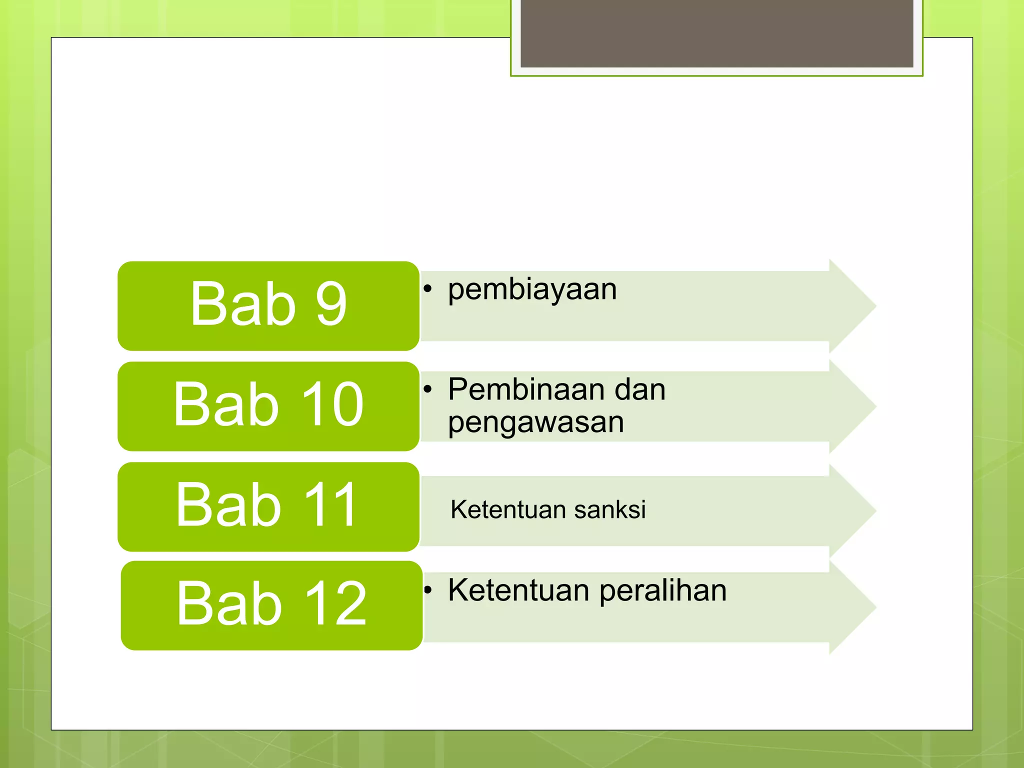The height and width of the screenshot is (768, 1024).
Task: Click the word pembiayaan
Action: (532, 290)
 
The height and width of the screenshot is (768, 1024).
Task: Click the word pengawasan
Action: (535, 423)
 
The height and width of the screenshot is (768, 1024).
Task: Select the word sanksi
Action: (609, 510)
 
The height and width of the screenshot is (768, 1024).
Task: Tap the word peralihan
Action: (662, 591)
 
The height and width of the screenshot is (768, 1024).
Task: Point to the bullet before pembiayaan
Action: (427, 288)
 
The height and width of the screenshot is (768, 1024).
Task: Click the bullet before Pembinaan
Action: (427, 389)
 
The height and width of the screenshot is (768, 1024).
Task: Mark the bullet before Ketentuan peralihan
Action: (427, 590)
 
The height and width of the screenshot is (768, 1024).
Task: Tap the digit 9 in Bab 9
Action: (331, 303)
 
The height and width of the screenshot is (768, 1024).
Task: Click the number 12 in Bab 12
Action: (335, 604)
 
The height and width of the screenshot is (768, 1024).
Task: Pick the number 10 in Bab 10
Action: (332, 404)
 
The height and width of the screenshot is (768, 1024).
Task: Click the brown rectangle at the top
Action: (716, 33)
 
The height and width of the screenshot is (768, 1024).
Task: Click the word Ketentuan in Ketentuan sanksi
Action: (508, 510)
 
